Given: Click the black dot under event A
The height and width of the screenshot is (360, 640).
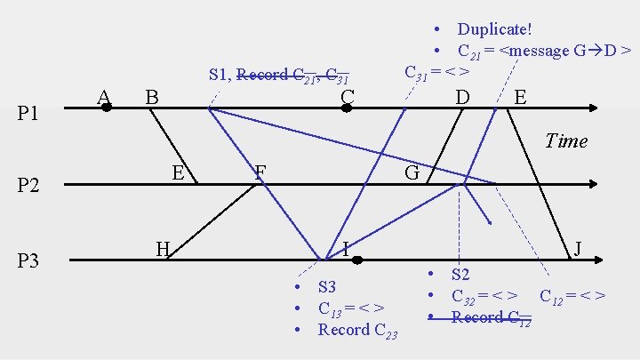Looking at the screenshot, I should (x=106, y=108).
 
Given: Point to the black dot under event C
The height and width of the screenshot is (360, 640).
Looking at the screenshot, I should (x=348, y=108).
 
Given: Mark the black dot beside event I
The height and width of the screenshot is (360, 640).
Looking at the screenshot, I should (x=356, y=260).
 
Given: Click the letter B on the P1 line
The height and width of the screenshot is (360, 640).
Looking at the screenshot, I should (x=152, y=94).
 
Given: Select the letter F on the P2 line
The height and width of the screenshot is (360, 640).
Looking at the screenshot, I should (x=260, y=172).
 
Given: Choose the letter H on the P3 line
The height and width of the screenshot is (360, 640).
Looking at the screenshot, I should (x=163, y=248).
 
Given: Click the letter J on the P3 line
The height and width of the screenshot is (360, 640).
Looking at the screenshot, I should (x=579, y=248).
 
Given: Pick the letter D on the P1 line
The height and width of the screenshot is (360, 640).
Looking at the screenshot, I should (x=462, y=94).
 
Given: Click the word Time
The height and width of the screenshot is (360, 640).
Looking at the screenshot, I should (x=566, y=140).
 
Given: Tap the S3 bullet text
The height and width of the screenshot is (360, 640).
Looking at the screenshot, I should (x=327, y=287).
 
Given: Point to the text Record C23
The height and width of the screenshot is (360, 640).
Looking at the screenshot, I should (x=357, y=330).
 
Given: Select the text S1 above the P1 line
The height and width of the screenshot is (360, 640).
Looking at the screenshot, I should (x=219, y=75).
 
